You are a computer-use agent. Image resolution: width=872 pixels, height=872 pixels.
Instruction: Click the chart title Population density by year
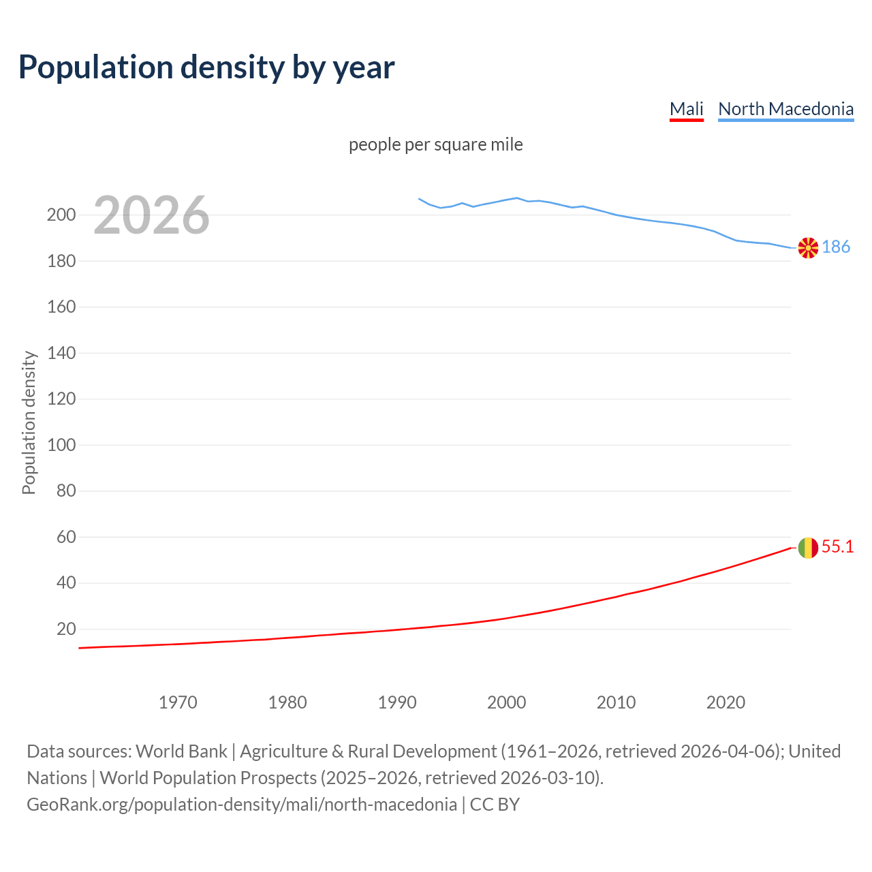[206, 67]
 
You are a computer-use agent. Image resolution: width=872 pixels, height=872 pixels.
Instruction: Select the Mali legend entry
[686, 109]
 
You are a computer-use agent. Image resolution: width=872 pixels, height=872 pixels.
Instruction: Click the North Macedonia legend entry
[785, 109]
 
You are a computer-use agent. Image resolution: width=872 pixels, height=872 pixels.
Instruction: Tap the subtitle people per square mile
[435, 144]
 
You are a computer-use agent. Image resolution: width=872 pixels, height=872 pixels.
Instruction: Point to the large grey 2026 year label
[151, 215]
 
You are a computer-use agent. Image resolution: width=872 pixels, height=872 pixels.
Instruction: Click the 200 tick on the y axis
[61, 215]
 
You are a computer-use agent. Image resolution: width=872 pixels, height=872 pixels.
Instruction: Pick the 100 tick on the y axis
[61, 446]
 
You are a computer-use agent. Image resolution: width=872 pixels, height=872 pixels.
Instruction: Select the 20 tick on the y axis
[66, 629]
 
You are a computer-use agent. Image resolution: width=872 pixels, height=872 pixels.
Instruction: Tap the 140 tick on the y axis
[61, 354]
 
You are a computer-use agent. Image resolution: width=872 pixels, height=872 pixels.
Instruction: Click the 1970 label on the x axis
[178, 702]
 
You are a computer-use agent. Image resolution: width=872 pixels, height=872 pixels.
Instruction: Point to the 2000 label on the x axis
[506, 702]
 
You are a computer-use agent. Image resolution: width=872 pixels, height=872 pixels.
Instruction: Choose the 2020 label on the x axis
[726, 702]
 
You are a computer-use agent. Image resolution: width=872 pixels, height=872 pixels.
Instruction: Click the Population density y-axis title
[29, 422]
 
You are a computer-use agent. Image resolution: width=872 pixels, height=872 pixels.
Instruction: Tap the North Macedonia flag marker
[808, 248]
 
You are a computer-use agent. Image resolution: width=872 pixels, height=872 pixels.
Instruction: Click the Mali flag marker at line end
[808, 548]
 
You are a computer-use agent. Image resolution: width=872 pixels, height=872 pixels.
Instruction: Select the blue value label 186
[836, 247]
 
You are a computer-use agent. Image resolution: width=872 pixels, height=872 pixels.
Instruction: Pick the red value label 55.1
[837, 546]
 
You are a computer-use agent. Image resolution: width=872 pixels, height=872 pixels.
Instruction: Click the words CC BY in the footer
[495, 805]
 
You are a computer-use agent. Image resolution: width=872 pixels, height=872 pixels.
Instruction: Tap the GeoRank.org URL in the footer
[242, 805]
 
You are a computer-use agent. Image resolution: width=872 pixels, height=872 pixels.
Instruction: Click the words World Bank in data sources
[181, 751]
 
